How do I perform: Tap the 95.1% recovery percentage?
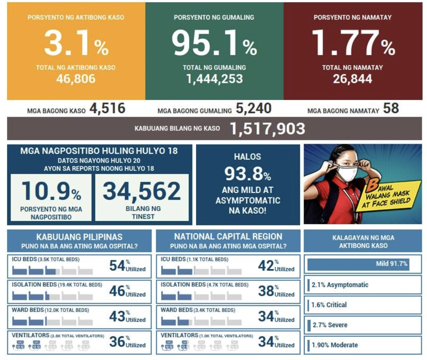click(214, 43)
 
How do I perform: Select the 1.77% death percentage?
click(353, 43)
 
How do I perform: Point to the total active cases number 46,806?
click(76, 79)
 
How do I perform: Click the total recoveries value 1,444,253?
click(214, 79)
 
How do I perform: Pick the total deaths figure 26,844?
click(352, 79)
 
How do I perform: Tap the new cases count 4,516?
click(107, 109)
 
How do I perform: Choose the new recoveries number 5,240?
click(253, 109)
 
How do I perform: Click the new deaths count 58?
click(391, 108)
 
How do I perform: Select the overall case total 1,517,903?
click(267, 128)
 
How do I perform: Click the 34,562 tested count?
click(142, 191)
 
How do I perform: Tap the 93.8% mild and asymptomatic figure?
click(248, 174)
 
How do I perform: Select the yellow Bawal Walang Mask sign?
click(389, 196)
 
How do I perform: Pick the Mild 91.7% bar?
click(358, 264)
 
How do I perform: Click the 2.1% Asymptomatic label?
click(340, 285)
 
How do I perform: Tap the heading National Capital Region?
click(228, 236)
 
